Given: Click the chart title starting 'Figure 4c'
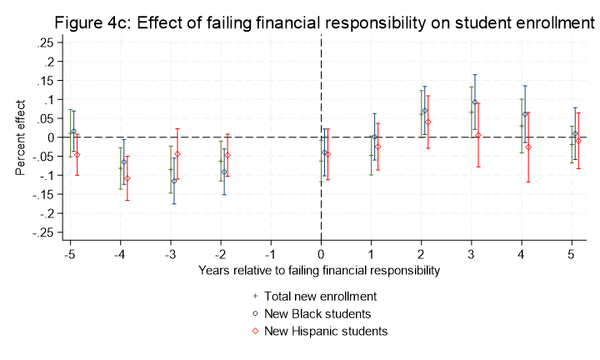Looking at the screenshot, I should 324,23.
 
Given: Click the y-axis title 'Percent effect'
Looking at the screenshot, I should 19,137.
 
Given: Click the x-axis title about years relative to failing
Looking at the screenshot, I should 321,270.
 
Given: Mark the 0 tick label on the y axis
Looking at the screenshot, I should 50,137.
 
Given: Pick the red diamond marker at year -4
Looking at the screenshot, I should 127,178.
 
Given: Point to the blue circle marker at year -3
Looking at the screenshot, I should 174,181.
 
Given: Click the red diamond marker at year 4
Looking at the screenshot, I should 528,147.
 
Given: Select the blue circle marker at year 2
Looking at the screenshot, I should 425,111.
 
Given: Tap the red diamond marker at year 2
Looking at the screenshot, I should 428,122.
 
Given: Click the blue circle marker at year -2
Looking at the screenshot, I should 224,172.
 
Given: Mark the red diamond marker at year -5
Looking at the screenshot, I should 77,154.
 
